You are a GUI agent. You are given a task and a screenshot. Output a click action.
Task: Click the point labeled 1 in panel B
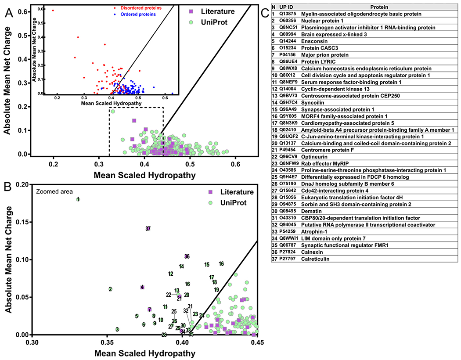pos(78,199)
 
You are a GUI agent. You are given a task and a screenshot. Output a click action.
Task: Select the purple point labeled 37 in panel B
pos(148,229)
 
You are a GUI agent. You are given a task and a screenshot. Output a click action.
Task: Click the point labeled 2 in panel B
pos(110,289)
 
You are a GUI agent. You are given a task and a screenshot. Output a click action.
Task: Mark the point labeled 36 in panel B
pos(187,256)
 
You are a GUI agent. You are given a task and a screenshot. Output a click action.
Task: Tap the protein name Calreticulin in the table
pos(318,259)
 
